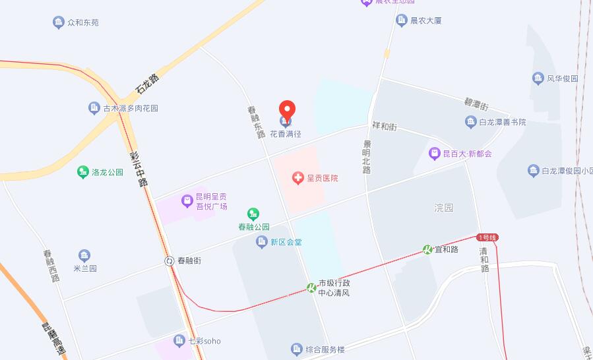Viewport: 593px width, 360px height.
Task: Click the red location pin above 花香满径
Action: tap(287, 109)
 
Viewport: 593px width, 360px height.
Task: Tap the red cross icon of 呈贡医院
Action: tap(299, 178)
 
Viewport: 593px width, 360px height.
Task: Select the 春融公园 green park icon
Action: tap(253, 214)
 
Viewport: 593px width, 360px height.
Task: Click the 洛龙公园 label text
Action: tap(108, 173)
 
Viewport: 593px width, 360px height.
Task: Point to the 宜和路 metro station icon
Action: tap(427, 249)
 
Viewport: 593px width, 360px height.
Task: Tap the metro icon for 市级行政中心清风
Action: tap(311, 287)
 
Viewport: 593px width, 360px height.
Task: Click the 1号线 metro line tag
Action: tap(487, 237)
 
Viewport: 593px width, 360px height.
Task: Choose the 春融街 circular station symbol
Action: tap(170, 261)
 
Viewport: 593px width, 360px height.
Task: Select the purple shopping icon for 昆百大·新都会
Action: tap(434, 154)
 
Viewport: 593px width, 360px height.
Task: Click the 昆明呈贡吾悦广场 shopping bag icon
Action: tap(187, 198)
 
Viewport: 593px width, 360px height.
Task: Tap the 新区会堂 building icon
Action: tap(262, 242)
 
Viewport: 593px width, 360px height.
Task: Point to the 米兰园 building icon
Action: tap(84, 256)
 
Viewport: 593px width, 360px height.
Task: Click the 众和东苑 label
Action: tap(83, 22)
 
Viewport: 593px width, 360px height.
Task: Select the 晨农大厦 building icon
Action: tap(401, 20)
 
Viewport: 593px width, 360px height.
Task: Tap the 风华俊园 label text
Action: tap(563, 78)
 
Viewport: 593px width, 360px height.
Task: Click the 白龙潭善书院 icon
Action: tap(470, 122)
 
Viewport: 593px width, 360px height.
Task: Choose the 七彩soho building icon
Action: tap(179, 341)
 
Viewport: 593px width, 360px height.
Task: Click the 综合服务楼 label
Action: tap(325, 349)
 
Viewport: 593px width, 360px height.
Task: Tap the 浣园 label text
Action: tap(444, 208)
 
